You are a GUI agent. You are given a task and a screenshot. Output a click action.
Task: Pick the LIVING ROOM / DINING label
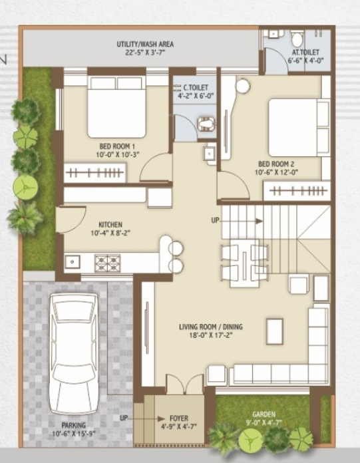click(211, 327)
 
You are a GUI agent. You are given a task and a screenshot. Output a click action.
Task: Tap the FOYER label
click(179, 418)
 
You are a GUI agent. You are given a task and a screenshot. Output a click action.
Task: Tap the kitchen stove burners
click(106, 262)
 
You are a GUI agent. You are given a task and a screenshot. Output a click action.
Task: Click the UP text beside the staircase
click(215, 220)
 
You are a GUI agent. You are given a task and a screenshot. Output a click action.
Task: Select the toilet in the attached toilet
click(296, 38)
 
